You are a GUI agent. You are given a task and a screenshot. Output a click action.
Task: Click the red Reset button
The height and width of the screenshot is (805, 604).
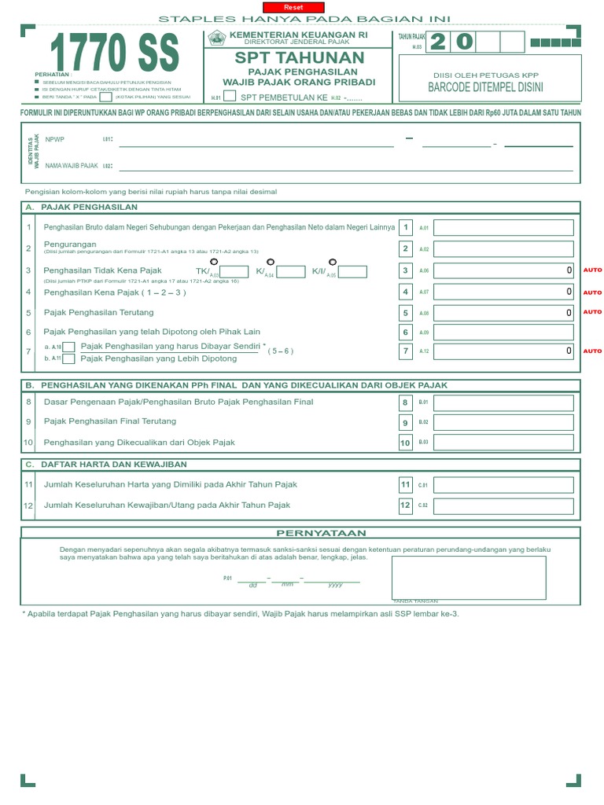298,6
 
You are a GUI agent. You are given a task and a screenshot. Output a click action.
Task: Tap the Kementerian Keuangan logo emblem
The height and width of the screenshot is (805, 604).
216,39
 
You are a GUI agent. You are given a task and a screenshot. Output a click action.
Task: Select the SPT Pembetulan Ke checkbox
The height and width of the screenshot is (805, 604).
230,97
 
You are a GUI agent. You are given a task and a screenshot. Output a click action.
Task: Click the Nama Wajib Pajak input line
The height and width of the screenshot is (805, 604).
346,166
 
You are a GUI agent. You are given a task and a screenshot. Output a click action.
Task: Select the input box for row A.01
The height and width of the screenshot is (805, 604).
504,228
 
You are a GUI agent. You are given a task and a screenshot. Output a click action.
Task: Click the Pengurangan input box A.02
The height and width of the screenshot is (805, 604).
504,248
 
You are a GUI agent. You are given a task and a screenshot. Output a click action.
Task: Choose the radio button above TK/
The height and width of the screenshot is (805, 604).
214,262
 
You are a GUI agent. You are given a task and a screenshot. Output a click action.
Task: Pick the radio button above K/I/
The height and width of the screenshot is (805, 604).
332,262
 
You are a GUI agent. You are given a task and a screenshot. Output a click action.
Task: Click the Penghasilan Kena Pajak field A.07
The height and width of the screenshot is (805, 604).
504,292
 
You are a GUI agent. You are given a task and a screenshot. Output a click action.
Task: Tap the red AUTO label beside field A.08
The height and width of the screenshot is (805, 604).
592,312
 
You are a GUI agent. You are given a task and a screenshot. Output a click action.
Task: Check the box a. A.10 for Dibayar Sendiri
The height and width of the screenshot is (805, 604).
69,347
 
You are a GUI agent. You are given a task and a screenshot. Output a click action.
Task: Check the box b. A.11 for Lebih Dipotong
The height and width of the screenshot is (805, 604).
69,358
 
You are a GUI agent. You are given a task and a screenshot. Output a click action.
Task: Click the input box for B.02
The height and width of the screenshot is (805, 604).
504,423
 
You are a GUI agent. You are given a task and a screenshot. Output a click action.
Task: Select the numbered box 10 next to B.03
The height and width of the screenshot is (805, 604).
406,443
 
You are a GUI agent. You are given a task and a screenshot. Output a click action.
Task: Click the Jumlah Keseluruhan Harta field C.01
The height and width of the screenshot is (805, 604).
504,485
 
